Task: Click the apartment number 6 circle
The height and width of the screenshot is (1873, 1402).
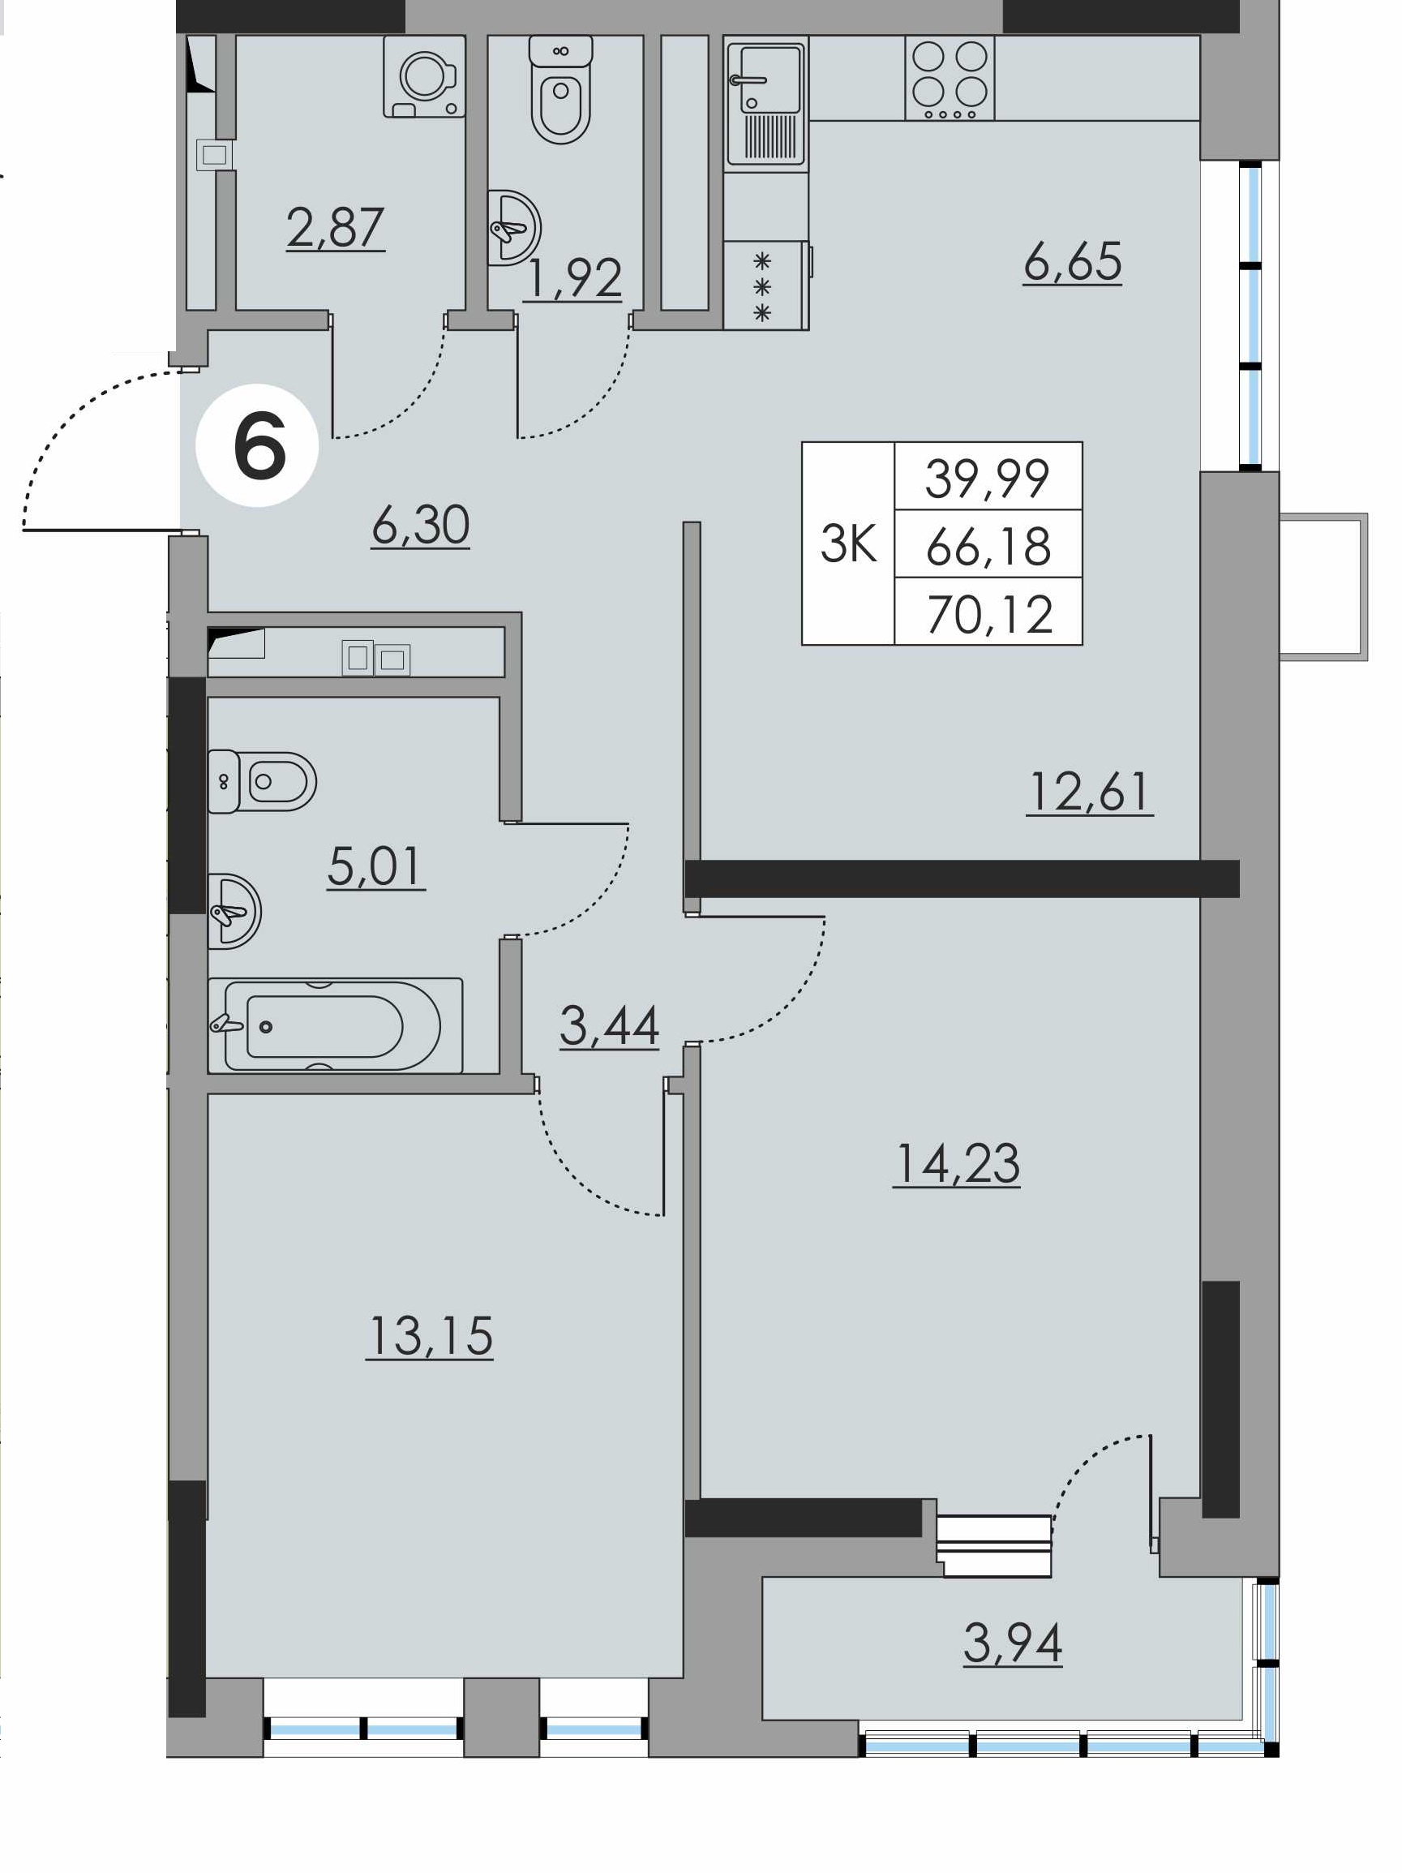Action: click(257, 445)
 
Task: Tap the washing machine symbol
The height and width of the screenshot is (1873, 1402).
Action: click(424, 75)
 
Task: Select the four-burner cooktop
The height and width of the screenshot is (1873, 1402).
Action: click(949, 78)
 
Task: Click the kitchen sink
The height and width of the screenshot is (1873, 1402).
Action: click(766, 103)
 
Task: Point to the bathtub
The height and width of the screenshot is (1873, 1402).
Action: click(335, 1025)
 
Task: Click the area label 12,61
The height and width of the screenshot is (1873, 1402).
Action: click(1090, 793)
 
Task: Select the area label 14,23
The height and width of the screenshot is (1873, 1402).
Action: click(957, 1163)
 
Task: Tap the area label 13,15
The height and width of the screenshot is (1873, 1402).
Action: click(430, 1336)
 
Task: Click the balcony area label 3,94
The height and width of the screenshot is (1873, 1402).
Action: click(1013, 1643)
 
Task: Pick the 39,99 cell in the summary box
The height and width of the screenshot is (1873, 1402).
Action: click(987, 478)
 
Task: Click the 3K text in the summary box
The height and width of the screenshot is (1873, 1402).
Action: click(847, 543)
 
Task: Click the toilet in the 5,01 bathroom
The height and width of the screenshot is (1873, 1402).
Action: click(262, 780)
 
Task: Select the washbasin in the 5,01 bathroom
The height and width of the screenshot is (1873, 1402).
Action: click(234, 911)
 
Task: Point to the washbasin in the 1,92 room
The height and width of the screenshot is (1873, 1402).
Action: click(513, 228)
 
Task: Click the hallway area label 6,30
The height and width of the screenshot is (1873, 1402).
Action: click(421, 525)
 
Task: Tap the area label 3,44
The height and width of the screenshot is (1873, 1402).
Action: click(609, 1025)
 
